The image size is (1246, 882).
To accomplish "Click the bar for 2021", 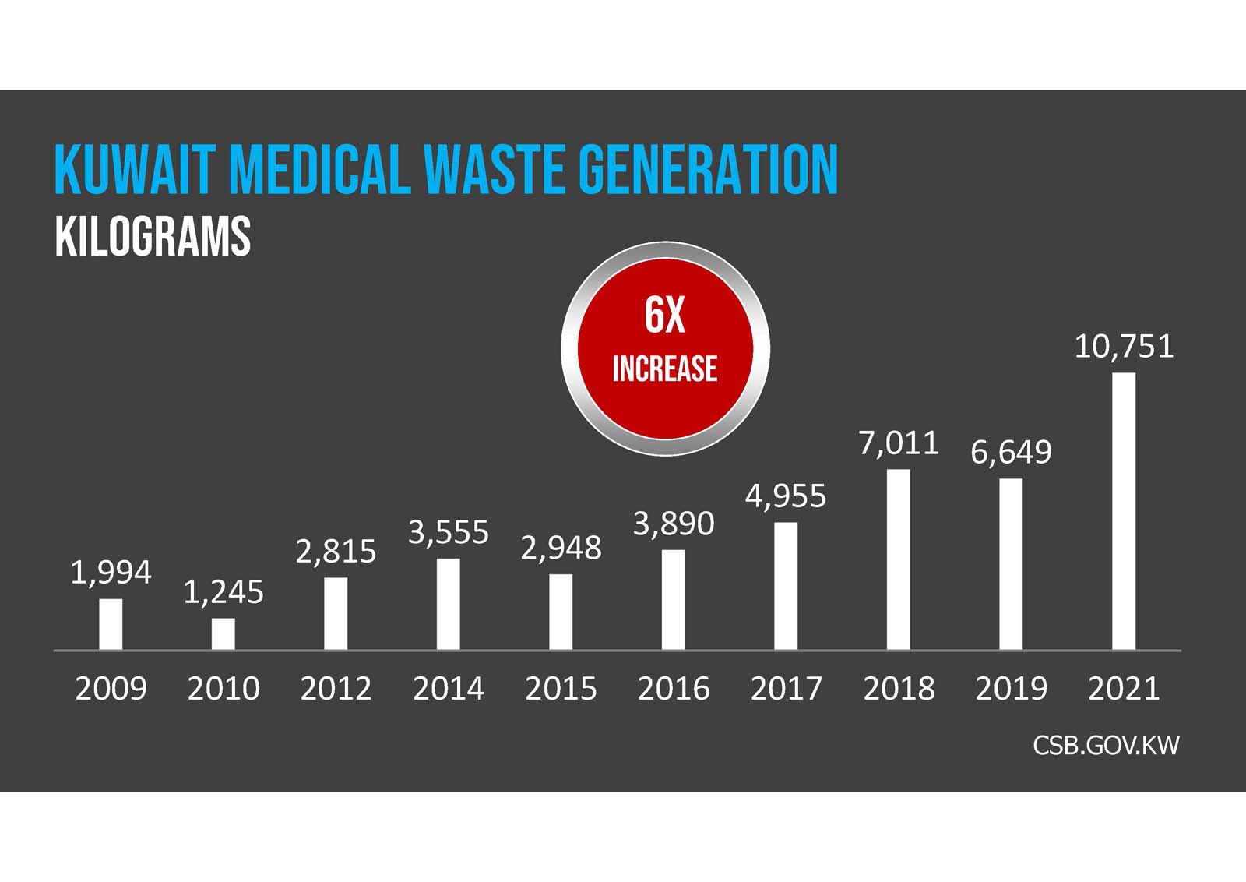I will [1123, 511].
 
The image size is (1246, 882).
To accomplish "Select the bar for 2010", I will [223, 633].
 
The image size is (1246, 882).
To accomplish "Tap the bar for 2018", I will [898, 559].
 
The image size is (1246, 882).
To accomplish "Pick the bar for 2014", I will [448, 604].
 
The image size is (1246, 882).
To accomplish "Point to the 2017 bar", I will [786, 586].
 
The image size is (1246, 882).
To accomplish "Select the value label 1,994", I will [111, 573].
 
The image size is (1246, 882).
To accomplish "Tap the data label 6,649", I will [1011, 452].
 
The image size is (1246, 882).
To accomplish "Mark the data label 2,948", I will [561, 549].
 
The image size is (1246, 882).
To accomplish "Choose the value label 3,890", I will [674, 524].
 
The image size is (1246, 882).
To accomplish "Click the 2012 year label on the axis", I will [336, 689].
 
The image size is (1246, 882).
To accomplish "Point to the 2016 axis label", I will [674, 689].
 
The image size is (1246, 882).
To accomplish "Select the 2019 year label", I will [1011, 689].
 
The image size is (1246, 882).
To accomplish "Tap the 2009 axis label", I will [111, 689].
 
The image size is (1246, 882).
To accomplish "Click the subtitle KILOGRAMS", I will [153, 237].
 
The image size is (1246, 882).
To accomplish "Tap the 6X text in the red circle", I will [664, 316].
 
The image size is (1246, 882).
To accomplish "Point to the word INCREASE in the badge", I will [664, 369].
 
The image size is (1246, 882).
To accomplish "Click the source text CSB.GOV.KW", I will [1106, 746].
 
